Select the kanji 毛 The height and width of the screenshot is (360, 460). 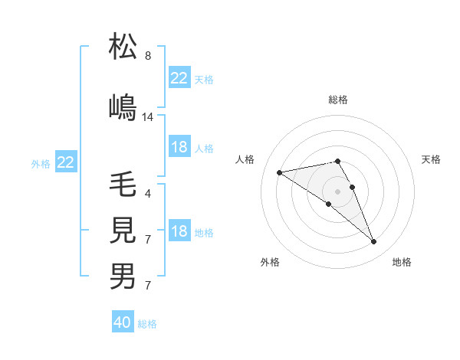point(123,185)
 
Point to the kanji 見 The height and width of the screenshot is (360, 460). point(123,230)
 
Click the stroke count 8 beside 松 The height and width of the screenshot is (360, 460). point(147,56)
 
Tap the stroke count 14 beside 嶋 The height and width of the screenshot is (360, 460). point(148,117)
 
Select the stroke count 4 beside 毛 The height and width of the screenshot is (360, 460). point(147,193)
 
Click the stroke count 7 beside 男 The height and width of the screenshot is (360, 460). point(147,286)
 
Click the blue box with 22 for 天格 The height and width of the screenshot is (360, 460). point(179,78)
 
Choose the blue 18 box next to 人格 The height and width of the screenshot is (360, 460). point(179,147)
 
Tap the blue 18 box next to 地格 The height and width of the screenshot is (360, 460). point(179,232)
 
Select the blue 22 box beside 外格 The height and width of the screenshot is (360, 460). point(66,162)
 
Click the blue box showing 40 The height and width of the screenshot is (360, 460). point(123,322)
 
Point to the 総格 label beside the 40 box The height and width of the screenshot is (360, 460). point(147,324)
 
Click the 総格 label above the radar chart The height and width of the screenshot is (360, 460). point(338,100)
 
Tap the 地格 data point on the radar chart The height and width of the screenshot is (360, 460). point(374,242)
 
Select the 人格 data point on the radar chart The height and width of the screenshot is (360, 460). point(280,172)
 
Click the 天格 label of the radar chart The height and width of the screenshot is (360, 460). point(432,159)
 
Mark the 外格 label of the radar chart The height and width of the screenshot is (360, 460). point(270,263)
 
